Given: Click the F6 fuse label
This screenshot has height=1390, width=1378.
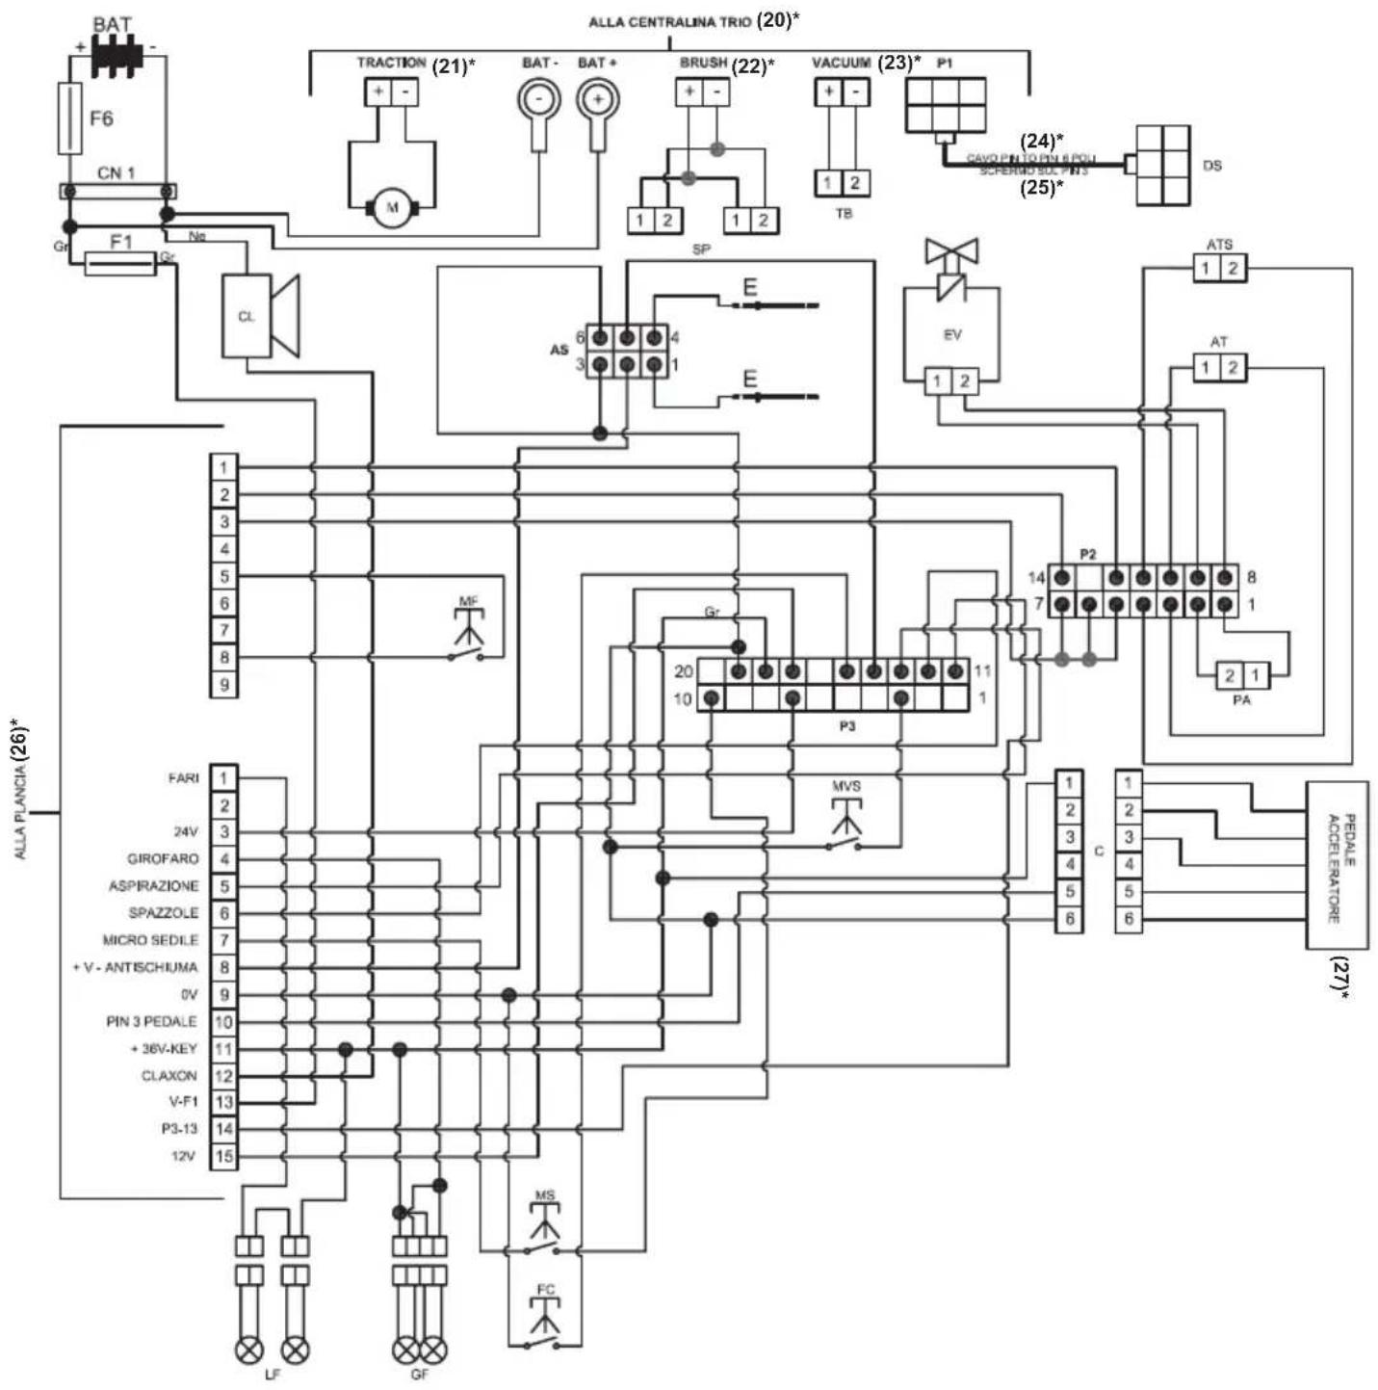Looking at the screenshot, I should tap(101, 118).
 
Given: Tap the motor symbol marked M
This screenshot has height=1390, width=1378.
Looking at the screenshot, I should tap(391, 207).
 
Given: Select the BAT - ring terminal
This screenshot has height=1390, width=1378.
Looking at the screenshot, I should tap(539, 99).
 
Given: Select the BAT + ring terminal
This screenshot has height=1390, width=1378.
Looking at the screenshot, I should tap(597, 99).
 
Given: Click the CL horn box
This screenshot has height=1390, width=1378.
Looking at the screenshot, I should tap(247, 316).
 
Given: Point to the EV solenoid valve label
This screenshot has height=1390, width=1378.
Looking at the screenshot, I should tap(951, 334).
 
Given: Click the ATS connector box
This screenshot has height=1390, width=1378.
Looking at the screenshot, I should tap(1218, 269).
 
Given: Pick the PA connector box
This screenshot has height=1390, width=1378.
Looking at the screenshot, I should tap(1241, 675).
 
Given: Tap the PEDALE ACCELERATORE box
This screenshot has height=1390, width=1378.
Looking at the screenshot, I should tap(1337, 865).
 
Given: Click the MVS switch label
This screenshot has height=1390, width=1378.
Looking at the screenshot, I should tap(845, 786).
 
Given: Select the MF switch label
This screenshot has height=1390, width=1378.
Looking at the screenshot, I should tap(468, 601).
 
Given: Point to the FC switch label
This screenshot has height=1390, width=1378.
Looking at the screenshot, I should tap(546, 1289).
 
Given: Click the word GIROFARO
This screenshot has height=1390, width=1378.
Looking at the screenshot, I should tap(163, 858).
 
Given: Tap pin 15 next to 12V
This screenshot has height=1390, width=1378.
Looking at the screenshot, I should tap(223, 1156).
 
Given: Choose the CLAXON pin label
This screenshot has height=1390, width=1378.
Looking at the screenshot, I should tap(169, 1075).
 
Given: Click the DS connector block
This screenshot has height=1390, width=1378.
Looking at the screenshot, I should tap(1162, 165).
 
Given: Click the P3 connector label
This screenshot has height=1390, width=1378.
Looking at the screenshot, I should tap(846, 726).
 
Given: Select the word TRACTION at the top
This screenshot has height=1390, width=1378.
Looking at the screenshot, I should tap(391, 63).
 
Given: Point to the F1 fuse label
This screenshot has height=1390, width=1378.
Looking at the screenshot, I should tap(120, 242).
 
